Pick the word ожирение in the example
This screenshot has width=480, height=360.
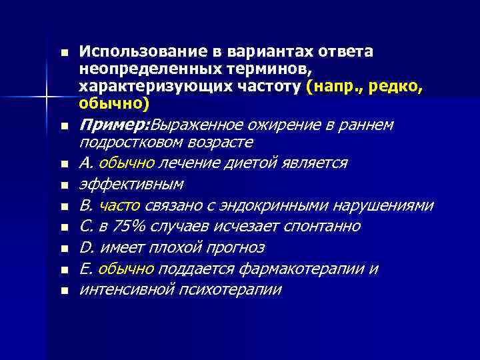tap(276, 125)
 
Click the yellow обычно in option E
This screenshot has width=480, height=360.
tap(126, 269)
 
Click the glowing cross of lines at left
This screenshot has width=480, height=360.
tap(47, 98)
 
